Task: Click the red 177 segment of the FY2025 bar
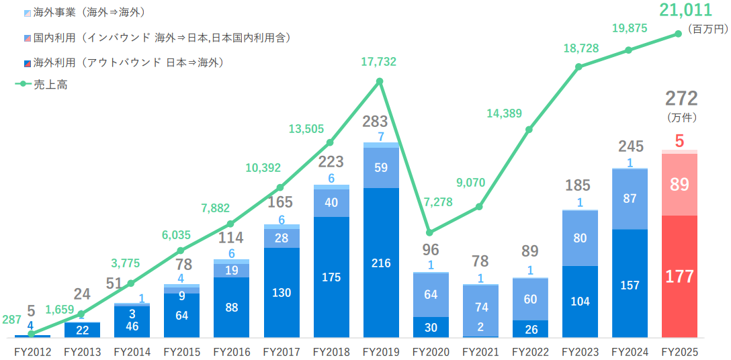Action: click(679, 276)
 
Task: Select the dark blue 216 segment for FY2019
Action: click(380, 263)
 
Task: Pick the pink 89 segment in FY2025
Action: click(679, 185)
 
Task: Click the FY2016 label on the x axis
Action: click(230, 351)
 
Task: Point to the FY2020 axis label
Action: click(430, 351)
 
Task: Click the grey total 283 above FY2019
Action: click(375, 122)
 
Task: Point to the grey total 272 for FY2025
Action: click(681, 99)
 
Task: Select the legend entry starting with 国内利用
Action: click(161, 38)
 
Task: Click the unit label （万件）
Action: click(681, 117)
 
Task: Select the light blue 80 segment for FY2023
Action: click(580, 238)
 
